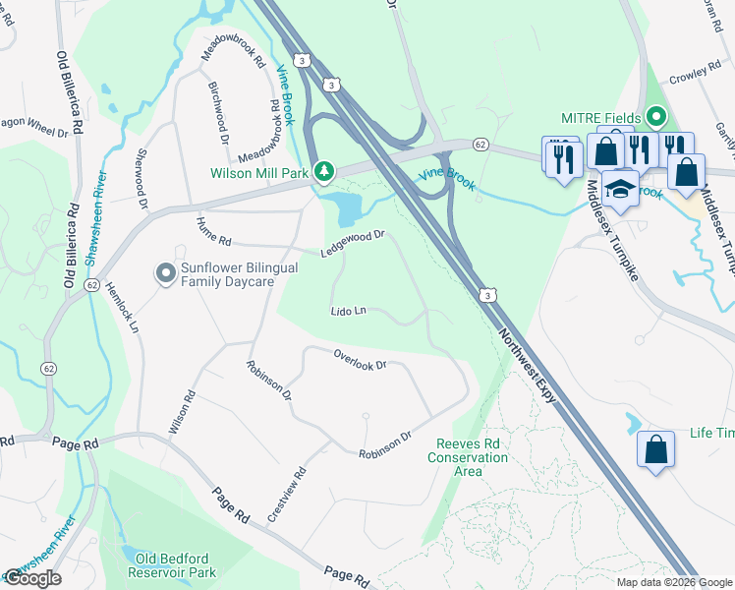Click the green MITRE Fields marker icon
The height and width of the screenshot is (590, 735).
[656, 118]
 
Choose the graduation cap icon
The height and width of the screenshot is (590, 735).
[620, 189]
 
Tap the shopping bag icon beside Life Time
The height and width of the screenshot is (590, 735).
[655, 449]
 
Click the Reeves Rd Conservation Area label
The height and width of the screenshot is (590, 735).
[468, 457]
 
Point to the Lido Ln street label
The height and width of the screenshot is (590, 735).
[348, 311]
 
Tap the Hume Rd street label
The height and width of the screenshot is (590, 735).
[212, 232]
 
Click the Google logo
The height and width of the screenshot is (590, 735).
[32, 578]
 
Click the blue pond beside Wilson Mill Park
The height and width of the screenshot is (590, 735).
[345, 206]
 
